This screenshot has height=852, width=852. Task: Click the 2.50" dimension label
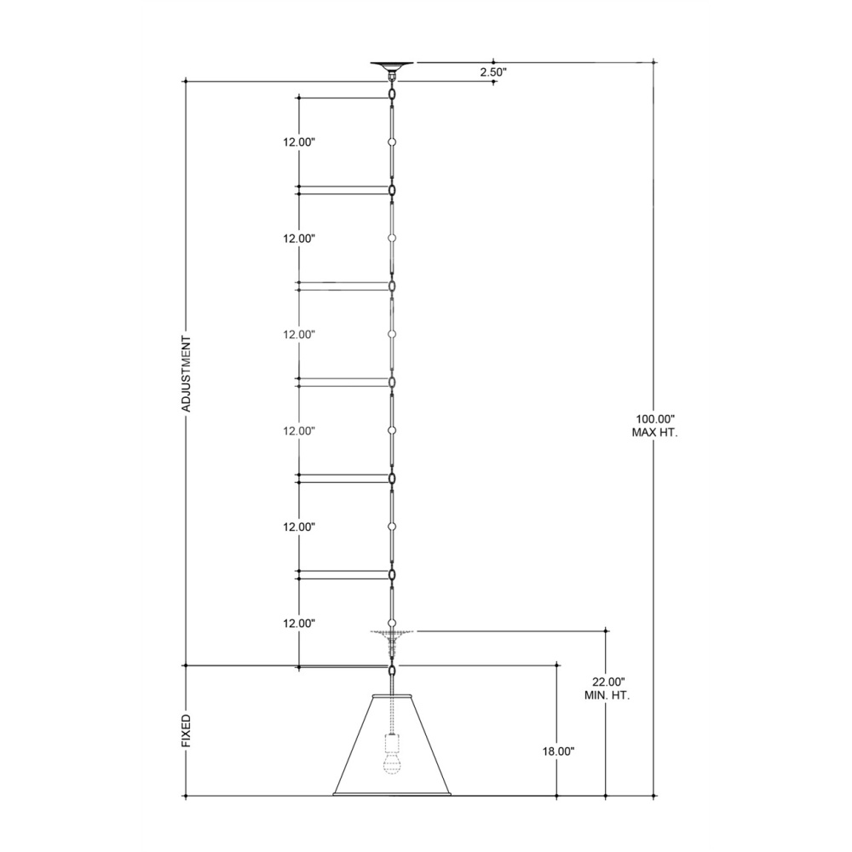(x=492, y=72)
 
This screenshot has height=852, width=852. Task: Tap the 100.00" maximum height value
(x=654, y=419)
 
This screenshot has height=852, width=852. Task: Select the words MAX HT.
(x=654, y=433)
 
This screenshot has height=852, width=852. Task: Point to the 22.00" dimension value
(x=608, y=682)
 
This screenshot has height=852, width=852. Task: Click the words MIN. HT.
(x=607, y=695)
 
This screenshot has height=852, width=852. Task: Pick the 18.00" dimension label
(x=558, y=751)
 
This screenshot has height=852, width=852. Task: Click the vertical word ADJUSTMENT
(x=187, y=374)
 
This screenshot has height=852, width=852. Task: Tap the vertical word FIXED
(x=187, y=731)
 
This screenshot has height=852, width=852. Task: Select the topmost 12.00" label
(x=299, y=142)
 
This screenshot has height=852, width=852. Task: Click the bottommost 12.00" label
(x=299, y=624)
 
